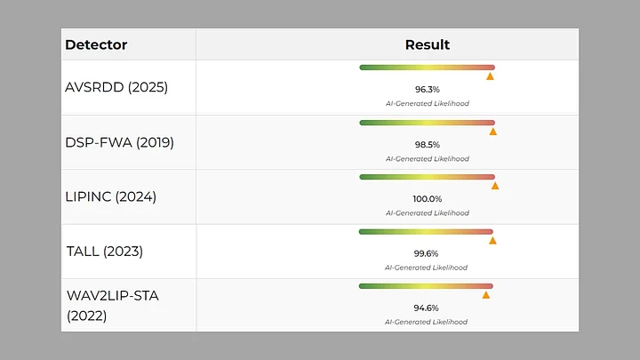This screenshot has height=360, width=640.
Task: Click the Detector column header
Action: (x=96, y=44)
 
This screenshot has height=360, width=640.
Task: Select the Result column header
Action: (x=428, y=44)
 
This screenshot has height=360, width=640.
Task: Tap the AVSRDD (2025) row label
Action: (x=116, y=87)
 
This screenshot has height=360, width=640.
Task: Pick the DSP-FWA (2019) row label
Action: (x=119, y=142)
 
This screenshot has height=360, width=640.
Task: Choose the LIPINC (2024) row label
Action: (x=110, y=196)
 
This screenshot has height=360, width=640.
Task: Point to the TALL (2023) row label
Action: (x=105, y=251)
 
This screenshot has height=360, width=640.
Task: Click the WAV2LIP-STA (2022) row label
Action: (x=112, y=305)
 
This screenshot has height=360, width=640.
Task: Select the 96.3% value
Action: (x=428, y=90)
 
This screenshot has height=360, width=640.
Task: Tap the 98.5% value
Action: (x=428, y=144)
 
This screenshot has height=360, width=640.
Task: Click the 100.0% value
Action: (x=428, y=199)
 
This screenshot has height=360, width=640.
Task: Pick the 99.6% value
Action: (x=428, y=253)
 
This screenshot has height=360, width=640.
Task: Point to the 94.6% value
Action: (x=428, y=308)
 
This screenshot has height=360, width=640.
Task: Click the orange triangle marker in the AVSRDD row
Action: (x=490, y=76)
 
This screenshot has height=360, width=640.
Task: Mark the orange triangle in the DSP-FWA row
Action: (x=492, y=132)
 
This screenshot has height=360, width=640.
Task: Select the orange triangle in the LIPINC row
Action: (x=495, y=186)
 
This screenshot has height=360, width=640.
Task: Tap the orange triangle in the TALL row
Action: (x=492, y=240)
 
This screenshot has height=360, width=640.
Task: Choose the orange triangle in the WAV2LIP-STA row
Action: (x=486, y=294)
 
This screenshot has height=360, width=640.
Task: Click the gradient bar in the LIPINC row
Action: (x=427, y=177)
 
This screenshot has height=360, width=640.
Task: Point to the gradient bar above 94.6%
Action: (x=426, y=285)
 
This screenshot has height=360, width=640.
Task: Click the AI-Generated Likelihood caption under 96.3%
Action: (x=428, y=104)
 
